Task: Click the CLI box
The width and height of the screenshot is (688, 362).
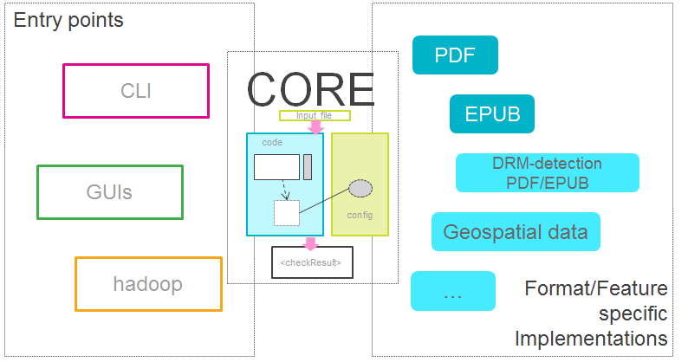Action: click(136, 90)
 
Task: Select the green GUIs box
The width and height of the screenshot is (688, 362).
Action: click(110, 191)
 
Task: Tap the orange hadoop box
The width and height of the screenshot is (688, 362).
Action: click(148, 284)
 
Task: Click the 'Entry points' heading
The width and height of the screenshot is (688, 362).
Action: click(68, 20)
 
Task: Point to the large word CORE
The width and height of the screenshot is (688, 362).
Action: click(310, 88)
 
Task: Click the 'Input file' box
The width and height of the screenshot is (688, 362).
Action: click(314, 115)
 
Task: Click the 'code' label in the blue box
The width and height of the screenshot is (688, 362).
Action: click(272, 142)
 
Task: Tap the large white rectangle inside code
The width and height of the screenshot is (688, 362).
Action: click(276, 167)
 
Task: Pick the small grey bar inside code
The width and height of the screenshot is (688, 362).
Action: click(307, 167)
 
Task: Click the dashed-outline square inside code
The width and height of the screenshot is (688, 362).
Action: click(287, 213)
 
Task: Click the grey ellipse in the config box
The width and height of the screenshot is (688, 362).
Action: click(360, 187)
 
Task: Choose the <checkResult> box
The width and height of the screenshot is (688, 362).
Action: click(313, 262)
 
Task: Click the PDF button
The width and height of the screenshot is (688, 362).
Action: click(455, 55)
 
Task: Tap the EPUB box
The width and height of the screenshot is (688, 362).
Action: click(491, 113)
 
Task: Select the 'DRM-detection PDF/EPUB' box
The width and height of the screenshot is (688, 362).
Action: click(547, 172)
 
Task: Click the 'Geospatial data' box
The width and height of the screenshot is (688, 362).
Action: click(516, 232)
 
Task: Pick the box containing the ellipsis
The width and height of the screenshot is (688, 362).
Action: click(452, 291)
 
